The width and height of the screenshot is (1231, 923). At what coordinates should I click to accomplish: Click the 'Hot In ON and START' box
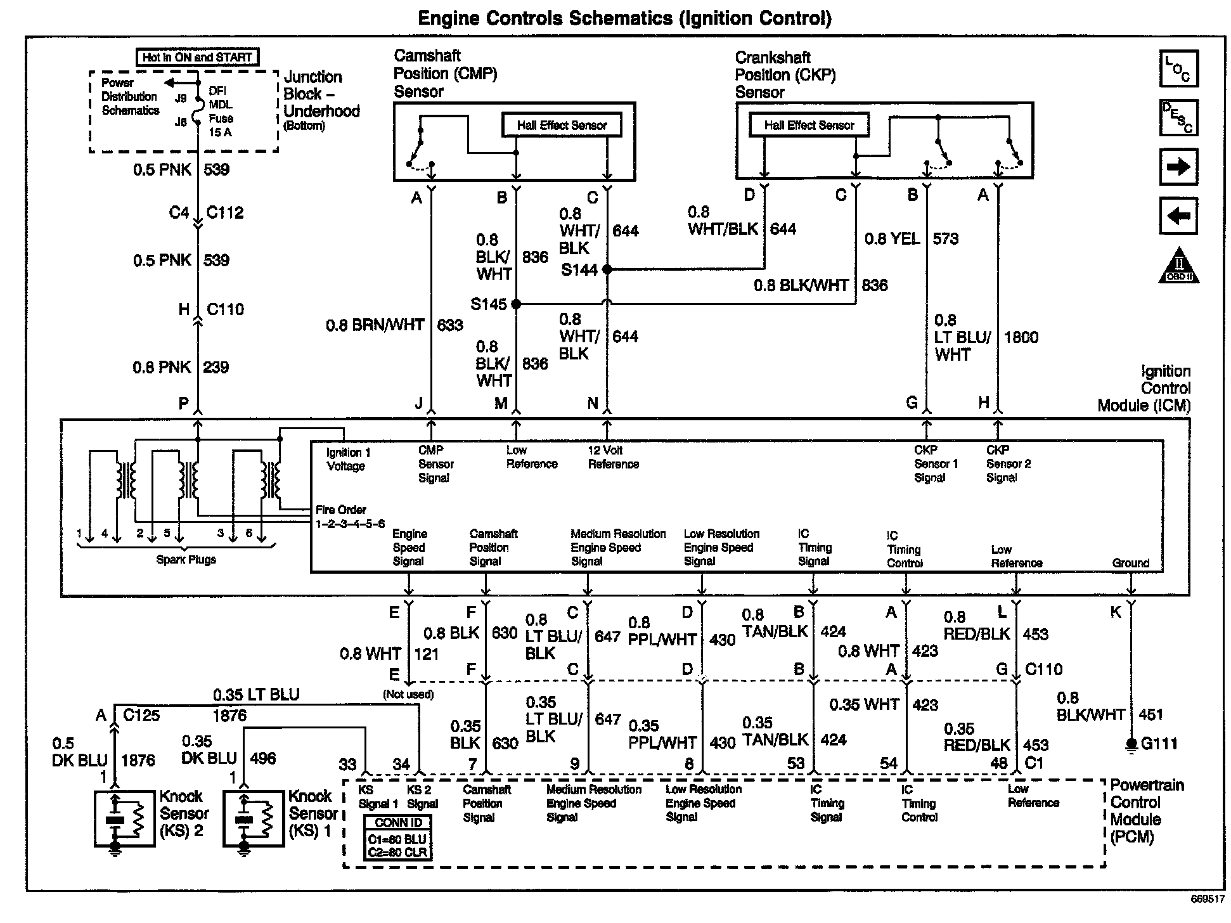(197, 57)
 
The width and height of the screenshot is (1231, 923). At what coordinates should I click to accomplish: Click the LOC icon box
(1178, 68)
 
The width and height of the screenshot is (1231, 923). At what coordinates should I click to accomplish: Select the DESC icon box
(1178, 117)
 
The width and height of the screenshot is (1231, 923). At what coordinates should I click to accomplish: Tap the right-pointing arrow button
(1178, 167)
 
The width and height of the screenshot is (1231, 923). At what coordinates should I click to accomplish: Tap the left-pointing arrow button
(1178, 216)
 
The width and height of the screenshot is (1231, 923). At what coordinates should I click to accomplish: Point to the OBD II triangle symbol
(1179, 267)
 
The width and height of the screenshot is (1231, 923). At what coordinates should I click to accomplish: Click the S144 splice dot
(607, 269)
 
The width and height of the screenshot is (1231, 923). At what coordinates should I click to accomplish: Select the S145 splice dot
(516, 304)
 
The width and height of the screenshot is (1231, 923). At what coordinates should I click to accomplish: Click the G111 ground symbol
(1131, 745)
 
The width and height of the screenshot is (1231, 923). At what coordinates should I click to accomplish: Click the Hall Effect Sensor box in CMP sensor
(562, 125)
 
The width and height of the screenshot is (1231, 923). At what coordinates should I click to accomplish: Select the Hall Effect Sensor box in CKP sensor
(809, 125)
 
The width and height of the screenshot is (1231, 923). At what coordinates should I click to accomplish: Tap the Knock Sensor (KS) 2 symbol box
(124, 819)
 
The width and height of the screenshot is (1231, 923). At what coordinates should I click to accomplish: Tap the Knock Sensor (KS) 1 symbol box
(254, 819)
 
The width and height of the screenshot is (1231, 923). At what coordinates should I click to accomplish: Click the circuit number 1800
(1021, 337)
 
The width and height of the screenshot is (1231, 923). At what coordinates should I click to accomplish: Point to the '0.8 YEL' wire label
(893, 239)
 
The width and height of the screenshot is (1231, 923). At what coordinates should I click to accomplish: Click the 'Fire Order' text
(341, 510)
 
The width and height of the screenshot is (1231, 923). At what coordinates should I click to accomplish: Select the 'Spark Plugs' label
(186, 560)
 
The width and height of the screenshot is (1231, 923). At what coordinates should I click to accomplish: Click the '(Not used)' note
(408, 694)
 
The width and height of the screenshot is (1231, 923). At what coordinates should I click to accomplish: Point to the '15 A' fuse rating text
(220, 132)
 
